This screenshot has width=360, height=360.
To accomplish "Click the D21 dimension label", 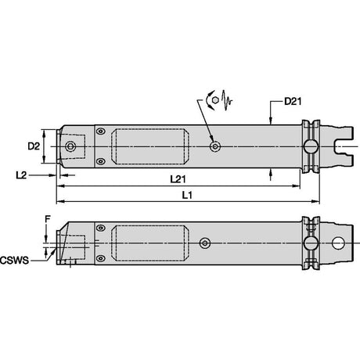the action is click(293, 101).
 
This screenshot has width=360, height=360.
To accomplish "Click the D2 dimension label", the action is click(34, 146).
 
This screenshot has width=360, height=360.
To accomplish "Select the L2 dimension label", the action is click(21, 175).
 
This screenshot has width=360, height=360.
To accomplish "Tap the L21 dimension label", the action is click(178, 179).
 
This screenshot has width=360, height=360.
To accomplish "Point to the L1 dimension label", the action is click(187, 195).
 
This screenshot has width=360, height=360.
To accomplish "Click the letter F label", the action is click(47, 219).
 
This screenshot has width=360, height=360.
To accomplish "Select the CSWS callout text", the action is click(14, 261).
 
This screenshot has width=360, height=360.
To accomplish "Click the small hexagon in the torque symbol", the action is click(215, 101).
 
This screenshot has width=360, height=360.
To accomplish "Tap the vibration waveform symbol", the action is click(226, 100).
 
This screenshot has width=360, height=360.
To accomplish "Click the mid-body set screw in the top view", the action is click(215, 146).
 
